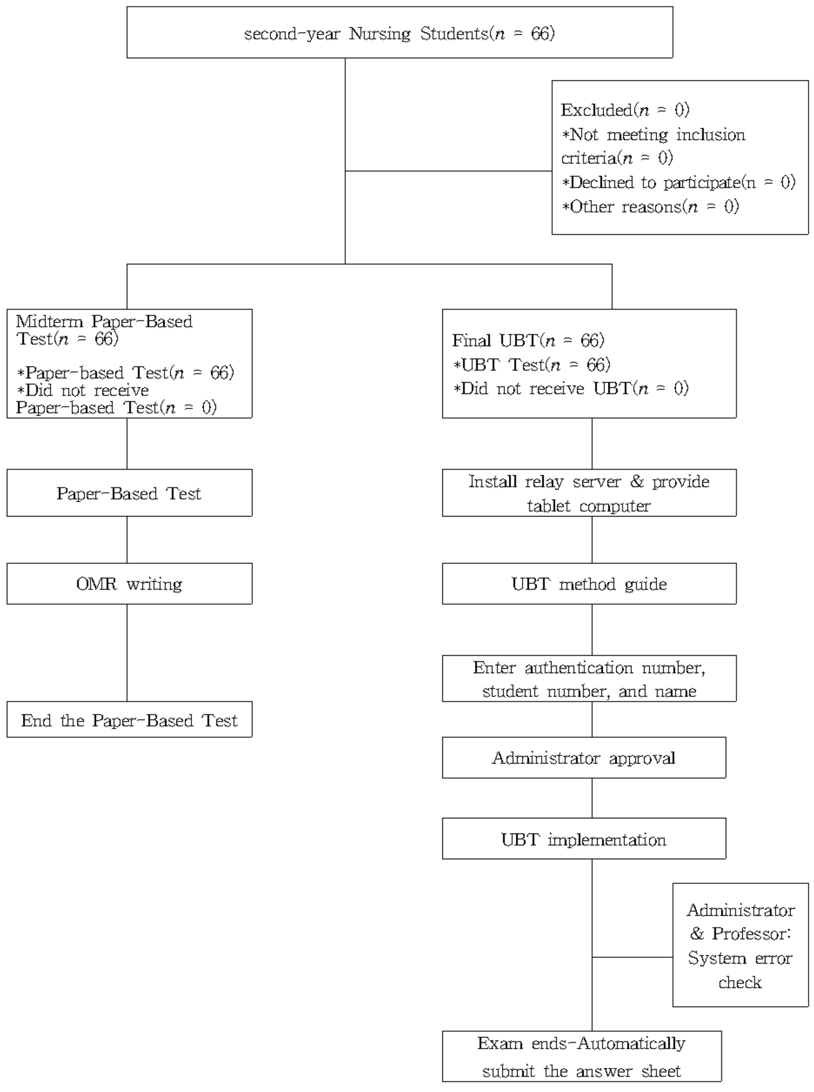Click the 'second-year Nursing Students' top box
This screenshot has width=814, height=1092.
pos(400,33)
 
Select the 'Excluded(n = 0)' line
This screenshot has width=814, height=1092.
pos(625,110)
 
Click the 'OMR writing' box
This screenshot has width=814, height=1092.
pos(129,584)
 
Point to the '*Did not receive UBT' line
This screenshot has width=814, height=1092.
pos(571,388)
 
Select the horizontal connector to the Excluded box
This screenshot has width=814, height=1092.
pos(448,171)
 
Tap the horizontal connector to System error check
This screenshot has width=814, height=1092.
pos(632,957)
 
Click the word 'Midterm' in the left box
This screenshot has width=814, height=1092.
pos(49,321)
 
